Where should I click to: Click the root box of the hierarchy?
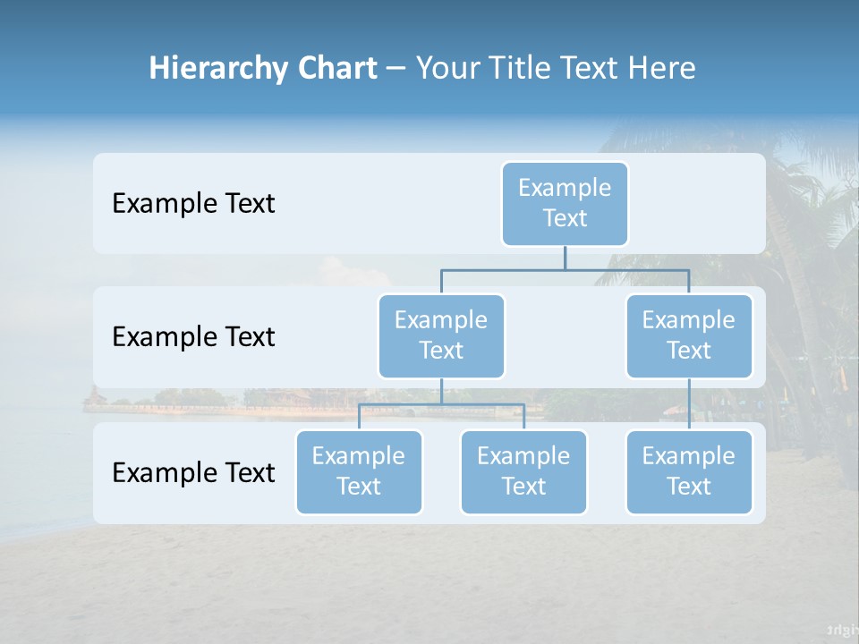[x=565, y=204]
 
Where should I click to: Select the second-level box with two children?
[x=441, y=336]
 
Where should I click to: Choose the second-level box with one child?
[x=689, y=336]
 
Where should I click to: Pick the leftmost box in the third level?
[x=359, y=472]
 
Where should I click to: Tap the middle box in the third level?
[x=523, y=472]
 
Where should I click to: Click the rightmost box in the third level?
[x=689, y=472]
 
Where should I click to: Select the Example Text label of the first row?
[x=193, y=204]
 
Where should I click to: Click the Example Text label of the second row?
[x=193, y=337]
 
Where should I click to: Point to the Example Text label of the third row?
[x=193, y=472]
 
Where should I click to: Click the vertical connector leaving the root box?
[x=565, y=258]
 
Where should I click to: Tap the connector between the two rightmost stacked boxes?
[x=689, y=404]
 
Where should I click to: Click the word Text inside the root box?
[x=565, y=218]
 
